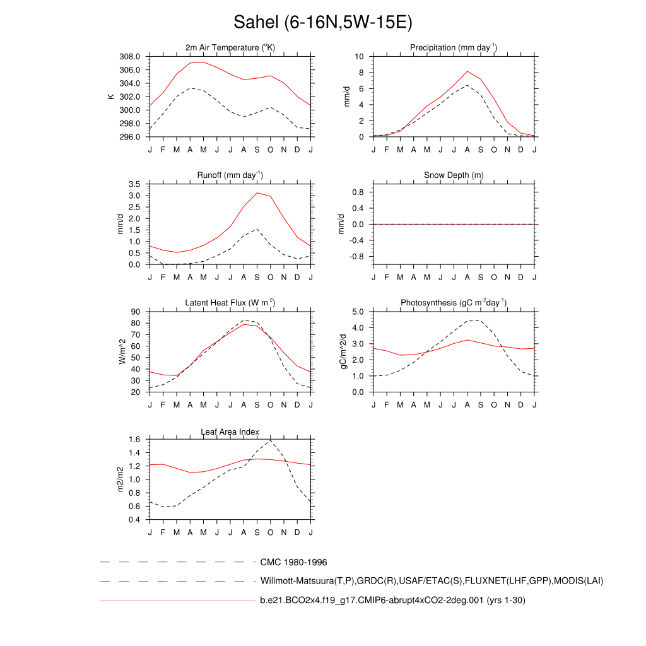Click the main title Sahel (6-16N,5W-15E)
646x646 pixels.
[322, 23]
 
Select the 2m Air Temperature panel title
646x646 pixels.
[230, 48]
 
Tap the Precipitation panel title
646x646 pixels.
[454, 48]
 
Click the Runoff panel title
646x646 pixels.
[230, 175]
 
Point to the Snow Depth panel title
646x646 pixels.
[454, 175]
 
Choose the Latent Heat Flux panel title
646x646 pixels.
[230, 303]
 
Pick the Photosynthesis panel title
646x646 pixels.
[454, 303]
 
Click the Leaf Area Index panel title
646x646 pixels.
[230, 432]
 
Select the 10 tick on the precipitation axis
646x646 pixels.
[360, 56]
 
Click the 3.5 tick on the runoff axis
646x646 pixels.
[134, 184]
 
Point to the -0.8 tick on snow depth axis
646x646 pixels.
[357, 257]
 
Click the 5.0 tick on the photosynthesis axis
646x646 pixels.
[357, 312]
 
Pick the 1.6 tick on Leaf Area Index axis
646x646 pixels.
[134, 439]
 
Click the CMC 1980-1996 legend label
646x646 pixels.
[293, 562]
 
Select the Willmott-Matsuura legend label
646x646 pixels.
[432, 581]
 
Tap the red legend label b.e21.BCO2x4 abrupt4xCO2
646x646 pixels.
[392, 601]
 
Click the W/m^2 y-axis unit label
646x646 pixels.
[122, 351]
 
